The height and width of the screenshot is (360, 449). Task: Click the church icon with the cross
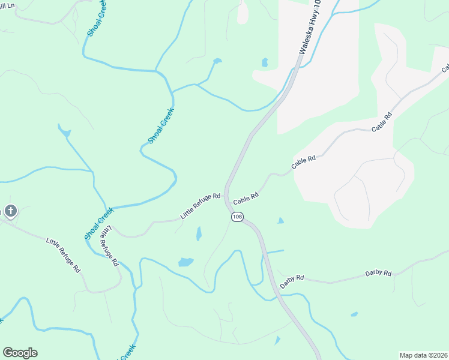tap(11, 211)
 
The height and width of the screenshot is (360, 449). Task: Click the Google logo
tap(20, 353)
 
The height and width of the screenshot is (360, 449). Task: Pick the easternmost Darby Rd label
tap(378, 274)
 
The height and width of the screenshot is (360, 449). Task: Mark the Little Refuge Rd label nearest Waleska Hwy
tap(200, 205)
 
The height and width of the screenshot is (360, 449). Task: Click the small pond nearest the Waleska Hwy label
tap(264, 62)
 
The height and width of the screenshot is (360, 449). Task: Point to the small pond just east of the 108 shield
tap(280, 221)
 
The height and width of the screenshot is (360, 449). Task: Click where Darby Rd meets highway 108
tap(274, 275)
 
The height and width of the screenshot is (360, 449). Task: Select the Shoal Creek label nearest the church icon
tap(98, 223)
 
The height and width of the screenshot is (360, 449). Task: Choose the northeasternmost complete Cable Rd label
tap(381, 122)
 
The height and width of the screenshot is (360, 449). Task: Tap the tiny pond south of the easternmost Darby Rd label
tap(354, 314)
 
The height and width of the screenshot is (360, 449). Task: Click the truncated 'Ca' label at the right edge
tap(446, 67)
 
